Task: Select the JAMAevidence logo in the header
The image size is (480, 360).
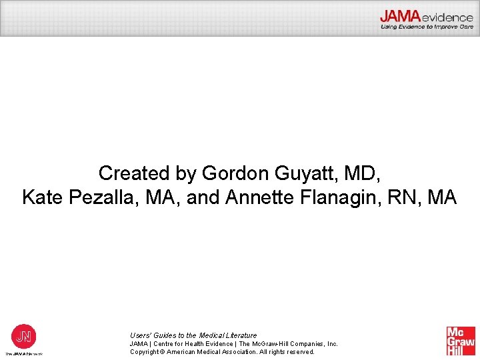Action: click(427, 16)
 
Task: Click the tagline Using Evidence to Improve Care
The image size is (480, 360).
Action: click(427, 27)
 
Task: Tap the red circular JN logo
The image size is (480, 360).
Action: click(23, 335)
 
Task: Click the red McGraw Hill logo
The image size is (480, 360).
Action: click(461, 341)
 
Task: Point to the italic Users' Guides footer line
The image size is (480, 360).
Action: click(193, 335)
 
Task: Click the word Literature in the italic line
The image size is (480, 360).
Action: click(240, 335)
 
